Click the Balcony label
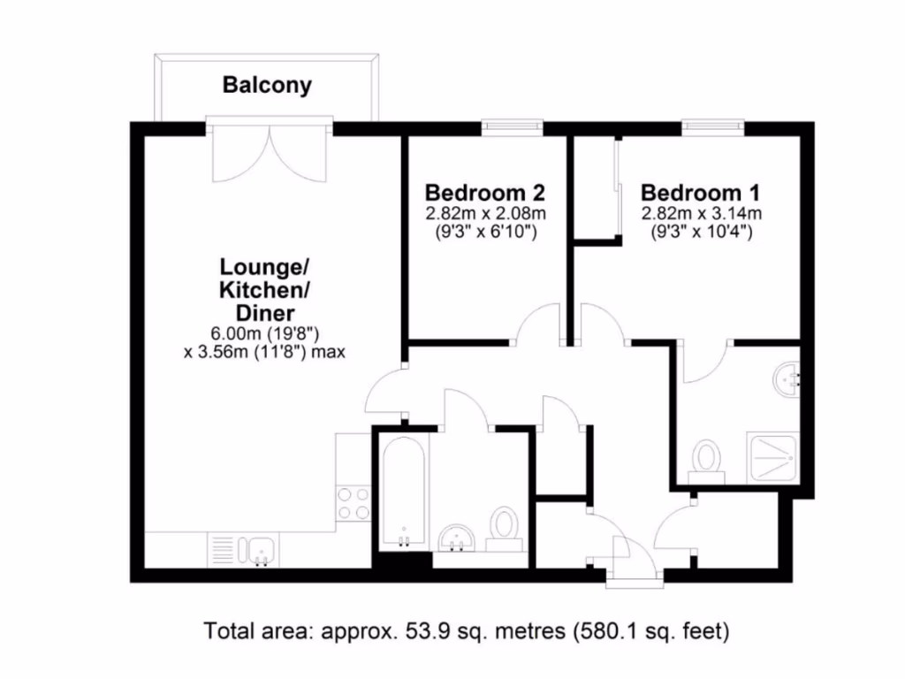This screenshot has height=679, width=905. point(267,86)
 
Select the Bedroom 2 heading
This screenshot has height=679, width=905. point(484,193)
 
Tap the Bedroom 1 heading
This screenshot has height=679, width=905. point(700,193)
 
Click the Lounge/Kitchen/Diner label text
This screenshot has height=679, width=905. point(264,289)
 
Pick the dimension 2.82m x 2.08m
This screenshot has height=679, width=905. point(485,214)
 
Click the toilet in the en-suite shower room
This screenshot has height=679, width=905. point(705,461)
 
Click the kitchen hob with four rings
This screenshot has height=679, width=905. point(354,504)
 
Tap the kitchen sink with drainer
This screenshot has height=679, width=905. point(244,550)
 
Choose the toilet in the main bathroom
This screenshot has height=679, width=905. point(505,528)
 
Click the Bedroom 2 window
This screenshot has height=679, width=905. point(511,129)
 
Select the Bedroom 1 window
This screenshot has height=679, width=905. point(712,129)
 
